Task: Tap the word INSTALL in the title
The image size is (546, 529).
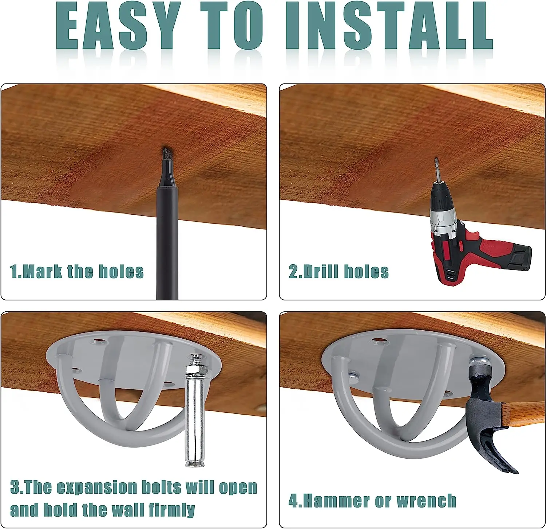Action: pos(389,26)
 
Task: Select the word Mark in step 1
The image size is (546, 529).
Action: pos(42,272)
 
